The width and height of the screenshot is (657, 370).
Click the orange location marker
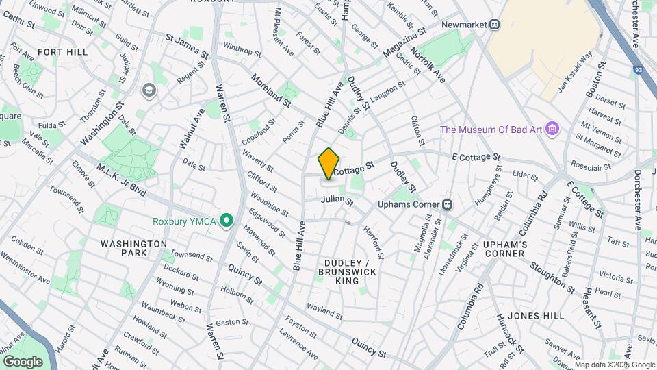[x=328, y=164]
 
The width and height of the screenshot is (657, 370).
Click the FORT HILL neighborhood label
[x=62, y=52]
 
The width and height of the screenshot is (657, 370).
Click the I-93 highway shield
[x=638, y=69]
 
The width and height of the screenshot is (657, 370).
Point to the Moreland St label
[x=271, y=90]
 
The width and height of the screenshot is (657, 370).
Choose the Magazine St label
[x=404, y=43]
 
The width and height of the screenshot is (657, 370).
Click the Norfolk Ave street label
[x=428, y=65]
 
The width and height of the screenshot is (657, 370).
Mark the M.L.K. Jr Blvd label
[x=121, y=180]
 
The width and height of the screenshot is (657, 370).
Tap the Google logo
[x=23, y=361]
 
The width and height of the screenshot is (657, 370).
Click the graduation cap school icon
[x=148, y=90]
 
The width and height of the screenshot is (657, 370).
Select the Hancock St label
[x=510, y=332]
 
